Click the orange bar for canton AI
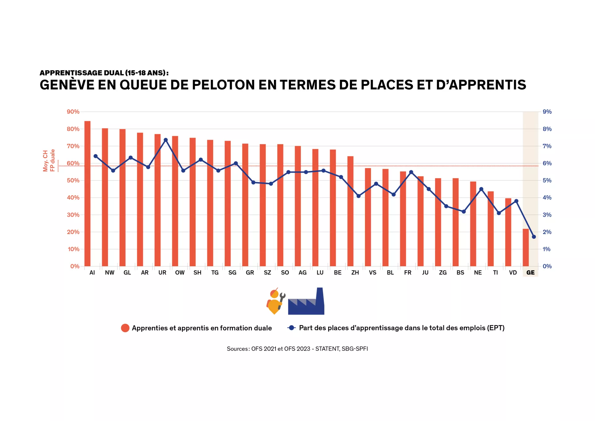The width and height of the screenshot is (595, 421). tap(87, 193)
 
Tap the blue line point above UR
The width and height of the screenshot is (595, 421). tap(165, 140)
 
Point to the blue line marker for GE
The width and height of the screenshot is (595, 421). tap(534, 237)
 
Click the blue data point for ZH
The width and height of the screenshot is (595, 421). tap(359, 196)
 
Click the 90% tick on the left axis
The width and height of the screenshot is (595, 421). tap(73, 112)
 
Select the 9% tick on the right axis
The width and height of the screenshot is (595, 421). tap(547, 112)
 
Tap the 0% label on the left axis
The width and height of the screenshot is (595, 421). tap(75, 266)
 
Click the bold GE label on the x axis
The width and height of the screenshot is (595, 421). tap(530, 273)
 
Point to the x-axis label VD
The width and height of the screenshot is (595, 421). tap(513, 273)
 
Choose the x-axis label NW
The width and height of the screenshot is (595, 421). tap(109, 273)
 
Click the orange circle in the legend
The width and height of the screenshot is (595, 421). tap(125, 328)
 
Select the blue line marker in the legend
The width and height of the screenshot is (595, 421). tap(291, 328)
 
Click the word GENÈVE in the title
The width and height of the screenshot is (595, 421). tap(67, 85)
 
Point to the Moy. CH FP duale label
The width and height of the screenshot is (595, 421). tap(49, 161)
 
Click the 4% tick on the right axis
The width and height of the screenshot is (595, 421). tap(547, 197)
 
